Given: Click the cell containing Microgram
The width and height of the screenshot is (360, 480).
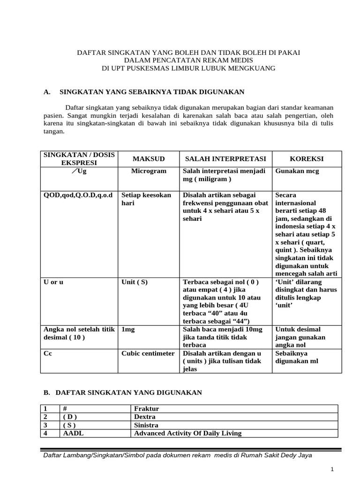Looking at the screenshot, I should click(148, 171).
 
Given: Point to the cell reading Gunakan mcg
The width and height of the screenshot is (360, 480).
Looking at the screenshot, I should click(297, 171).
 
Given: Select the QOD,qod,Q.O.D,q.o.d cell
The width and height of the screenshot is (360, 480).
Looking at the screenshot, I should click(77, 195).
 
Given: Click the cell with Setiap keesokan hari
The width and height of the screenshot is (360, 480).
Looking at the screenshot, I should click(146, 199).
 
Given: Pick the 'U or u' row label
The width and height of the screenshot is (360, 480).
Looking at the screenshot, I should click(53, 282).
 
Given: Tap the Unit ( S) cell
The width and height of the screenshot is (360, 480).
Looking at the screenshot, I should click(135, 282).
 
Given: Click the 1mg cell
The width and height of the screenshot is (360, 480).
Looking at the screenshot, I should click(128, 330).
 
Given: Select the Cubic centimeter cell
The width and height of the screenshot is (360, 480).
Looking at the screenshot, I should click(148, 353).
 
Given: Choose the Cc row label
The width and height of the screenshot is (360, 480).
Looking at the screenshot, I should click(48, 353).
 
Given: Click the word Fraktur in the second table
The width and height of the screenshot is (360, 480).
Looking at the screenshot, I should click(146, 408).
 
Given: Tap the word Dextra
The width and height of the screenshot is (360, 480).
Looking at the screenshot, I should click(145, 417).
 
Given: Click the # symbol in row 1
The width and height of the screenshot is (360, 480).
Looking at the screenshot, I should click(65, 408).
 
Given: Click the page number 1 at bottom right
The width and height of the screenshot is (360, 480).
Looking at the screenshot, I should click(332, 469).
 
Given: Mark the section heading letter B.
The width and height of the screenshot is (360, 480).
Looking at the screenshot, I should click(46, 392).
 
